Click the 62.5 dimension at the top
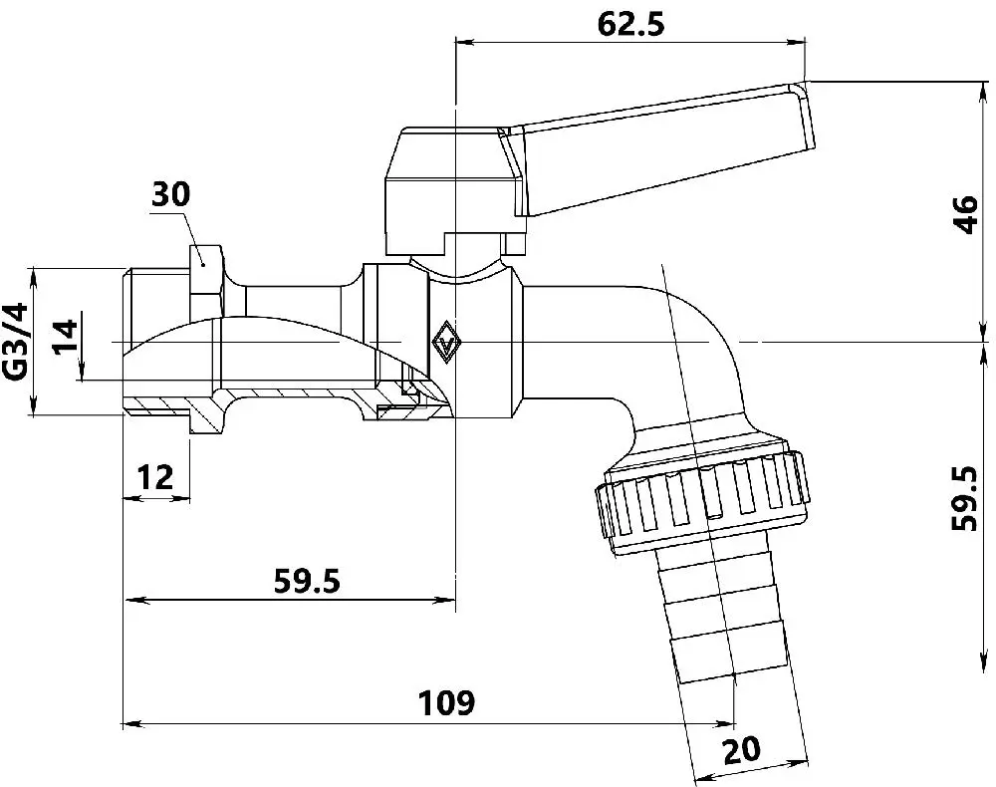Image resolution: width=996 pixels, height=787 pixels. point(630,25)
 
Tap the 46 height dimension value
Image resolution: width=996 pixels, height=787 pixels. point(966,215)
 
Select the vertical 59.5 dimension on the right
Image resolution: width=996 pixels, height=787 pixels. point(964,499)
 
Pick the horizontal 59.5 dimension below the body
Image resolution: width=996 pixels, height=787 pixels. point(307,581)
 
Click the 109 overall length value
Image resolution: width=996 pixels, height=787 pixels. point(446,703)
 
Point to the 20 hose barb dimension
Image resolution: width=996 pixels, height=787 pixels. point(741,749)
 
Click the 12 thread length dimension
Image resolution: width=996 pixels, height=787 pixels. point(154,477)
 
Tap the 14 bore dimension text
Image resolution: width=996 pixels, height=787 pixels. point(65,337)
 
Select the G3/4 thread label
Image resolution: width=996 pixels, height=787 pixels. point(17,341)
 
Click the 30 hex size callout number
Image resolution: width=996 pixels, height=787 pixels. point(170,194)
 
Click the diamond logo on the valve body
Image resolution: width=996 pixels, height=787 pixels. point(446,343)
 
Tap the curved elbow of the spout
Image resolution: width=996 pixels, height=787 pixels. point(685,356)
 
